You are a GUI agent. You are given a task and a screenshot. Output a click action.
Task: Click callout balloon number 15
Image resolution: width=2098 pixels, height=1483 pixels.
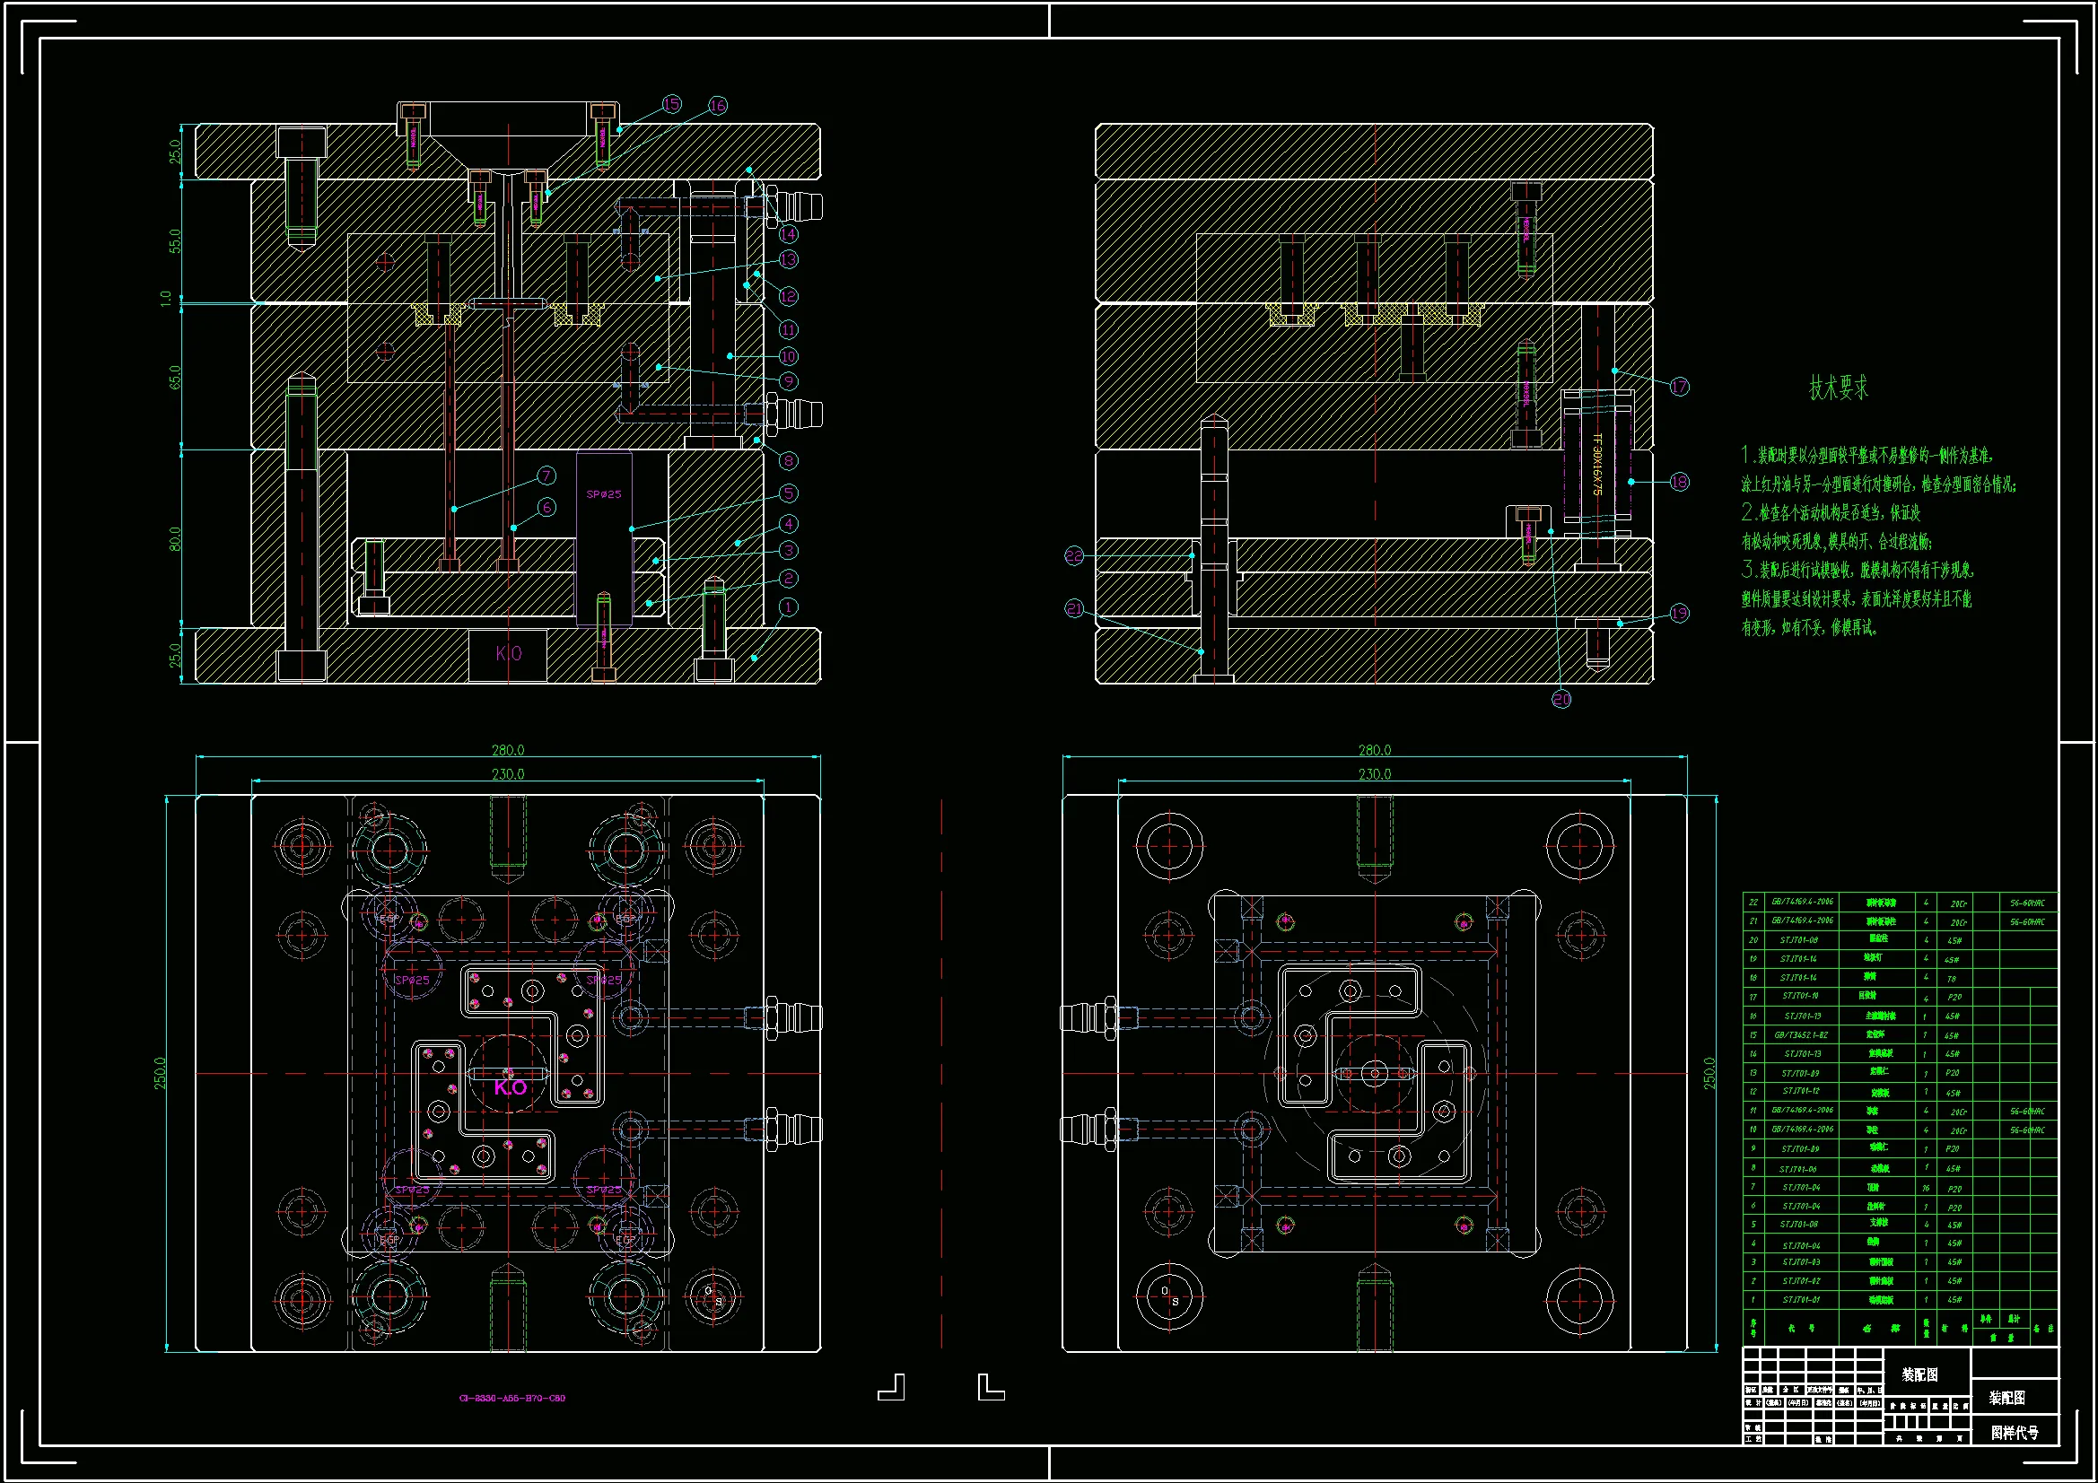coord(671,104)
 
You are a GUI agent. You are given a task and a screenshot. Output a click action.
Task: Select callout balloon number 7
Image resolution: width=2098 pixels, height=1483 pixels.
coord(546,475)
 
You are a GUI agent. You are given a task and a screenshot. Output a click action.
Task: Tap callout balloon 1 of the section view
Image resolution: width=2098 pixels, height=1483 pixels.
coord(788,606)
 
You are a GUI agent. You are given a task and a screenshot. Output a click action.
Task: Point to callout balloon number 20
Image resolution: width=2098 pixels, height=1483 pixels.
coord(1561,699)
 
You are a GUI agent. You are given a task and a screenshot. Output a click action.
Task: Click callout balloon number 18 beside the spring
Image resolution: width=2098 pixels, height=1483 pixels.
coord(1680,482)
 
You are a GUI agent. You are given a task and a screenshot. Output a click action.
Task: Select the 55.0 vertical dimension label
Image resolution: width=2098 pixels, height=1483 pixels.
coord(174,240)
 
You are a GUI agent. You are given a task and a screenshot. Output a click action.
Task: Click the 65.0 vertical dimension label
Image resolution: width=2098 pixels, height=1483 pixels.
coord(174,377)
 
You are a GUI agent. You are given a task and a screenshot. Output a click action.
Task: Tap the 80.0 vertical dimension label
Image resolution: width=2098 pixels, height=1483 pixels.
coord(174,539)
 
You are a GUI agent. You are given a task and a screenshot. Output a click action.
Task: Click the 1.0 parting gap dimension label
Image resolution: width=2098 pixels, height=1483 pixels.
coord(165,299)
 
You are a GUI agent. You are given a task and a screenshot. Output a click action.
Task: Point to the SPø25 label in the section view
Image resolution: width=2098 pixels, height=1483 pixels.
coord(604,494)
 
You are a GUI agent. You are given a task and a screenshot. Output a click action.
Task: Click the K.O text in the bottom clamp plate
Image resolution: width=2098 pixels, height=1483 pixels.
coord(509,653)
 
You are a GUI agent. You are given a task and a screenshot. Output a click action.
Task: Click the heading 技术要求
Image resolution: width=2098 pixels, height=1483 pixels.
coord(1839,388)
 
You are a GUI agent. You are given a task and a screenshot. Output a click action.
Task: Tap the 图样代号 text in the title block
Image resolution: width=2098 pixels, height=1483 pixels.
coord(2015,1433)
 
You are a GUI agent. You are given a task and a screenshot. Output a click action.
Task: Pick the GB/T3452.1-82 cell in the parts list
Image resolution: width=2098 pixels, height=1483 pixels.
coord(1801,1035)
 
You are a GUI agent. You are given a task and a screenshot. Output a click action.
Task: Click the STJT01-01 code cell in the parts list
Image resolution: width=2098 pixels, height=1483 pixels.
coord(1801,1299)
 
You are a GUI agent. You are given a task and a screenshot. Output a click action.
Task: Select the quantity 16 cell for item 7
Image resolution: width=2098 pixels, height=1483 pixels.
coord(1926,1189)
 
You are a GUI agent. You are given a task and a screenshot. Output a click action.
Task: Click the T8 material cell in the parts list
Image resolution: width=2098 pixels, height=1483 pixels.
coord(1952,979)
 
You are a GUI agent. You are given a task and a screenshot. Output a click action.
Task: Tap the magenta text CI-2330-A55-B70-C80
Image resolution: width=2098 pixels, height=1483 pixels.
coord(511,1398)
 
